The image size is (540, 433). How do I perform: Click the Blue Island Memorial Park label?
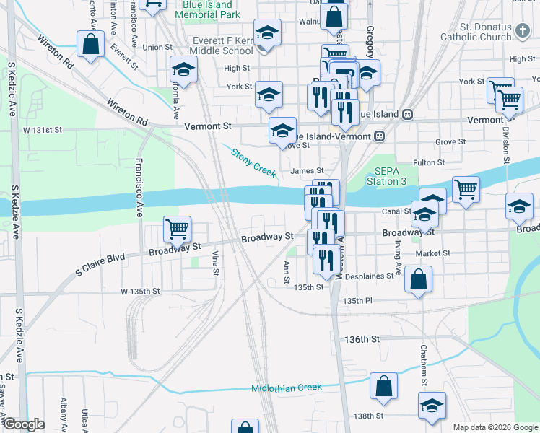tap(207, 9)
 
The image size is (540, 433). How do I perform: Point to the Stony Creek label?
tap(254, 160)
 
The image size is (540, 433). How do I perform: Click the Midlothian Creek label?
tap(286, 388)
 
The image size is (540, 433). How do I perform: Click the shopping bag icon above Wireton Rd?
tap(92, 45)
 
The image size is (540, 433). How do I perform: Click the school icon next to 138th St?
tap(432, 406)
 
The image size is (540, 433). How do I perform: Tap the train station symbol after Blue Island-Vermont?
tap(378, 136)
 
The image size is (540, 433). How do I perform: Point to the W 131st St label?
tap(43, 131)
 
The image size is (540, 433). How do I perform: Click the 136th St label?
tap(362, 339)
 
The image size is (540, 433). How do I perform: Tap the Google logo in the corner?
tap(24, 424)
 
